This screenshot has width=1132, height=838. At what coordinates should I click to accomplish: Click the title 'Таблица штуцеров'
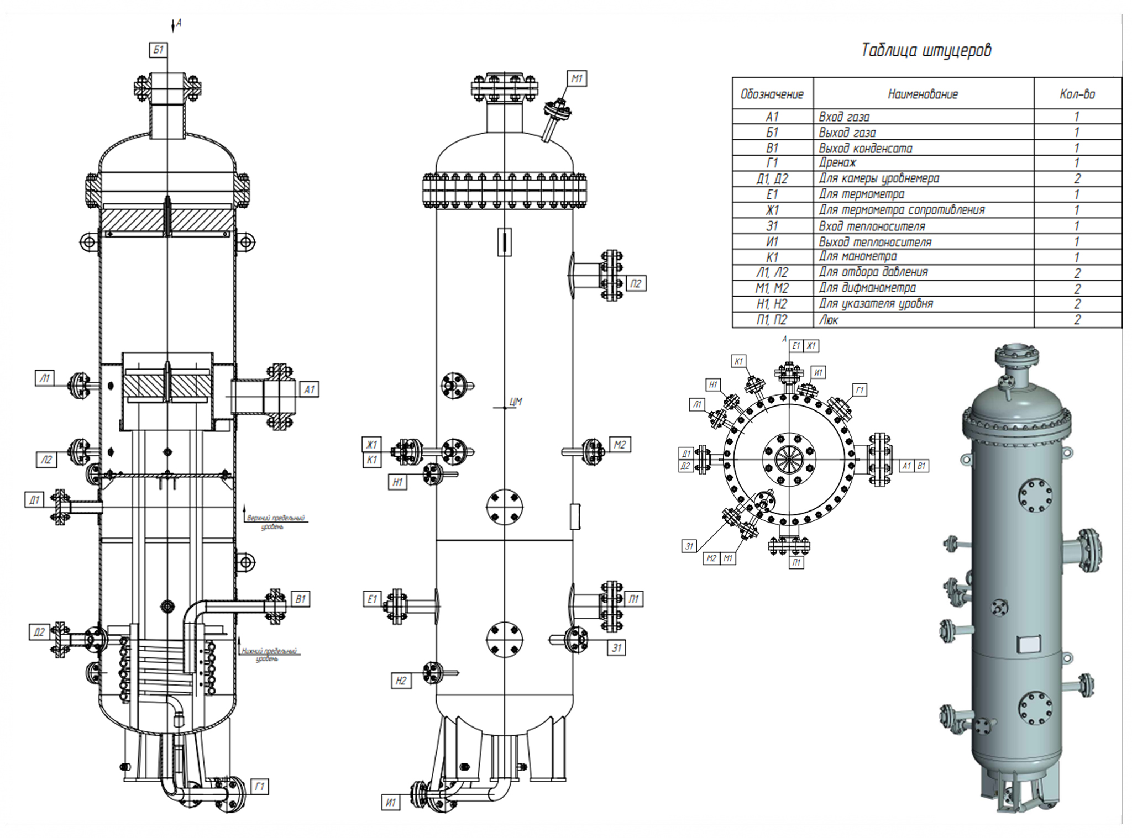pos(926,50)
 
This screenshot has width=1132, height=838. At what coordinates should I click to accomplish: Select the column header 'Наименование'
pos(923,94)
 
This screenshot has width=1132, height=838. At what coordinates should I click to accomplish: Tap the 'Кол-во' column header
pos(1077,94)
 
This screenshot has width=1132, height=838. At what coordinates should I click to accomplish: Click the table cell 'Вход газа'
pos(844,117)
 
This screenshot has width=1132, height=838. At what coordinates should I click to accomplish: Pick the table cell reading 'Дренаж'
pos(837,163)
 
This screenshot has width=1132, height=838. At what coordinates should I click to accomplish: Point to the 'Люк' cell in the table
pos(829,320)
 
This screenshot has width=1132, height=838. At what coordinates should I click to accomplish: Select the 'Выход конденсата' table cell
pos(865,148)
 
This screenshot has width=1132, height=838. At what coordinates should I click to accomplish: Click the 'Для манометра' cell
pos(858,257)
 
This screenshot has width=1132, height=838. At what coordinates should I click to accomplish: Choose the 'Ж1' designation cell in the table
pos(772,210)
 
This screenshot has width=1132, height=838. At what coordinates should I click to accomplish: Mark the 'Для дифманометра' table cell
pos(867,288)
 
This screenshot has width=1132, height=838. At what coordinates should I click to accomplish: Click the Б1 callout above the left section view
pos(158,50)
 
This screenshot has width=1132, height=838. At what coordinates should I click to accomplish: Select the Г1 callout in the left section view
pos(259,786)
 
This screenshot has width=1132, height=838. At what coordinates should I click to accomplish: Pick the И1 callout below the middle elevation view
pos(390,802)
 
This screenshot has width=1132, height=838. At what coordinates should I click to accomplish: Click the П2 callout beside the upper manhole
pos(636,284)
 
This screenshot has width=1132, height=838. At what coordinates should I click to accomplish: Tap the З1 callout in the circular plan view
pos(689,546)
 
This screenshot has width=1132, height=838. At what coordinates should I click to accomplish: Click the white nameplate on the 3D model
pos(1029,644)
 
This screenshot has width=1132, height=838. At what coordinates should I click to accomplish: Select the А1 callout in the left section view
pos(309,389)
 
